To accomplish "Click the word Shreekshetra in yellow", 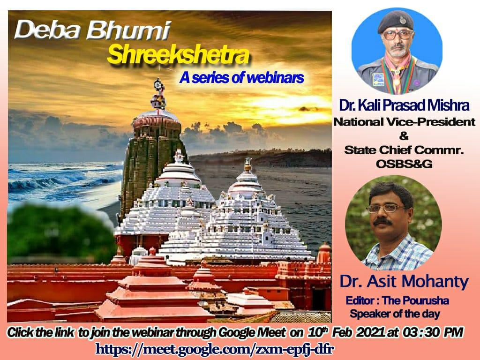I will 178,55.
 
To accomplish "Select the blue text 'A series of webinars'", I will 241,78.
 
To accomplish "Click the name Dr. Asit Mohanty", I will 404,282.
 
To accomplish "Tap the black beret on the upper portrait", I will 396,21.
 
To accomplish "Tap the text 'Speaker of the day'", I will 395,313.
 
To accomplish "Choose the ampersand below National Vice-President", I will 404,136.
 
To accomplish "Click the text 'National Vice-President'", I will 404,122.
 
